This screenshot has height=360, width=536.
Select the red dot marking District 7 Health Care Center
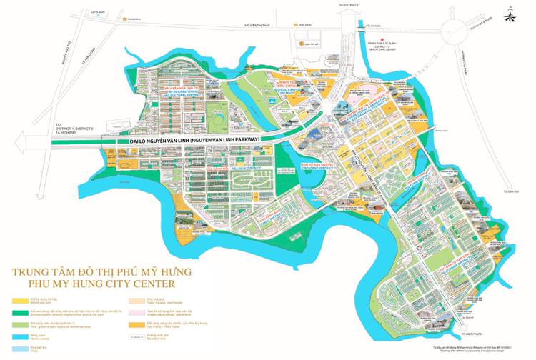[x=383, y=41]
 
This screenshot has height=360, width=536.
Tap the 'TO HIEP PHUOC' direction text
[x=475, y=335]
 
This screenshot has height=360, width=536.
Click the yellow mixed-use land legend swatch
[x=16, y=298]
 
